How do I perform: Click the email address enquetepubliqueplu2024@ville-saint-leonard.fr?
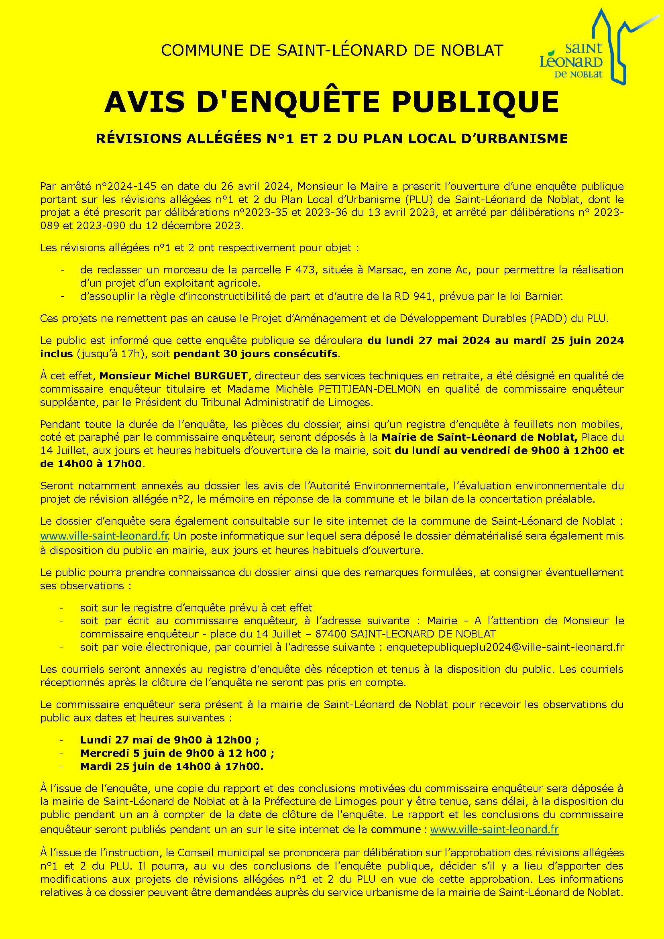tap(505, 647)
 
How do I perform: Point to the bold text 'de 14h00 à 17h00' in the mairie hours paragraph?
tap(91, 464)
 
